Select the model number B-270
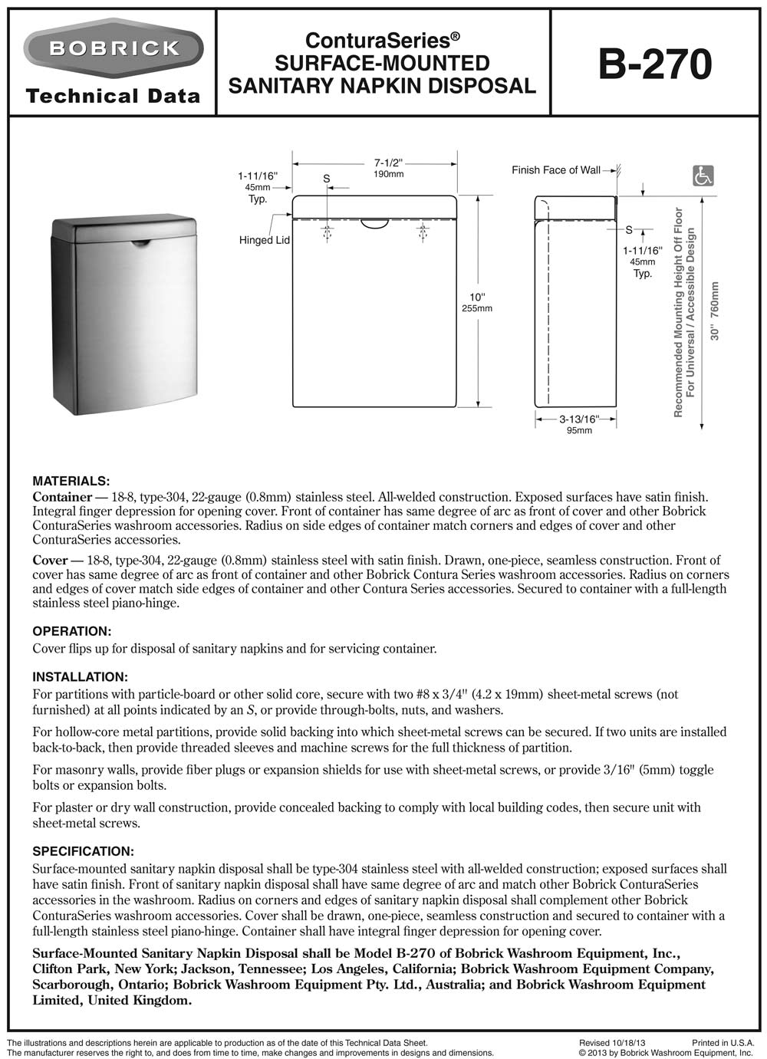coord(655,64)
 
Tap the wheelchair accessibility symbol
coord(703,176)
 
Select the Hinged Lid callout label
coord(265,240)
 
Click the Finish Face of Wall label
coord(556,170)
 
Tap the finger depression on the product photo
coord(140,244)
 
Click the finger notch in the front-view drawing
coord(375,223)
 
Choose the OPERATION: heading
coord(72,631)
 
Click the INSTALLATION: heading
coord(80,676)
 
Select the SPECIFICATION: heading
coord(83,851)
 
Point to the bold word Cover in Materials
coord(50,560)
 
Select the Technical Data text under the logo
coord(113,97)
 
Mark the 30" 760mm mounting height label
coord(715,311)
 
